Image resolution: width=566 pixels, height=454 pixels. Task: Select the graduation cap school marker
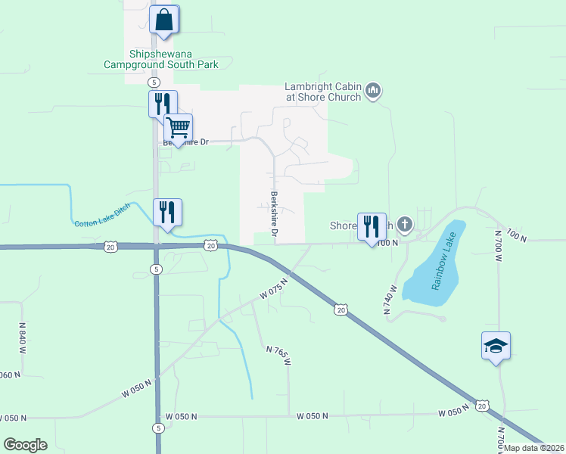pyautogui.click(x=496, y=346)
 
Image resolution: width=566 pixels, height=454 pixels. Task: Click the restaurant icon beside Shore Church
pyautogui.click(x=372, y=226)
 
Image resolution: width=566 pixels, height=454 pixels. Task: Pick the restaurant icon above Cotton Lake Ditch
pyautogui.click(x=168, y=212)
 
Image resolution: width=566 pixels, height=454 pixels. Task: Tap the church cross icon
pyautogui.click(x=406, y=224)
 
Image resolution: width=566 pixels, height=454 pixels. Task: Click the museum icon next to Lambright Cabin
pyautogui.click(x=372, y=92)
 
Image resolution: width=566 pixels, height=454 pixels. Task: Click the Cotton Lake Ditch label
pyautogui.click(x=102, y=215)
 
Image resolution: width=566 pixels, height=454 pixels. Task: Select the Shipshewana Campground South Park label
pyautogui.click(x=161, y=59)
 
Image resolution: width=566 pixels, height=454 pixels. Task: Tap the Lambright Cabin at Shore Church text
pyautogui.click(x=323, y=92)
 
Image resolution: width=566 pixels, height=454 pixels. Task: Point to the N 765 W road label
pyautogui.click(x=278, y=354)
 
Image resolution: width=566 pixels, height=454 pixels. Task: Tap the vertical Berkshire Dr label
pyautogui.click(x=273, y=215)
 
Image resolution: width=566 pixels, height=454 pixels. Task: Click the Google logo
pyautogui.click(x=25, y=445)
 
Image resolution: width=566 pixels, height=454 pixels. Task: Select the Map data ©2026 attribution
pyautogui.click(x=534, y=447)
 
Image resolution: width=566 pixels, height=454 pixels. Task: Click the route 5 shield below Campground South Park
pyautogui.click(x=154, y=82)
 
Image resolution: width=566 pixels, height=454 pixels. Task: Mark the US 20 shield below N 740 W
pyautogui.click(x=341, y=309)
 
